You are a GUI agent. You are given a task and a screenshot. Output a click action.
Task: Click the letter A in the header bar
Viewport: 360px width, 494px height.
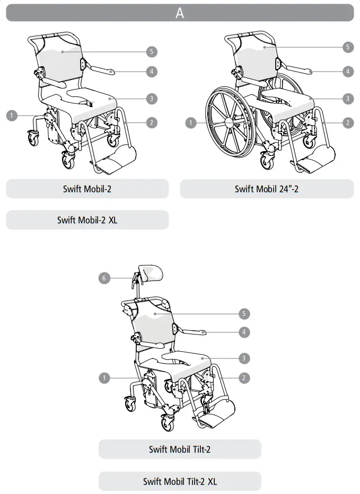tap(180, 13)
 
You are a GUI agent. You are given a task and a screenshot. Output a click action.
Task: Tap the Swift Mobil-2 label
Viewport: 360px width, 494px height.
tap(87, 189)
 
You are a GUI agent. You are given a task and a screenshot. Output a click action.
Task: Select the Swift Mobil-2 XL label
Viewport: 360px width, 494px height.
tap(87, 220)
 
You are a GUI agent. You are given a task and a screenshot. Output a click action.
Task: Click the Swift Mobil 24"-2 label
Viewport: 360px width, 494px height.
tap(266, 189)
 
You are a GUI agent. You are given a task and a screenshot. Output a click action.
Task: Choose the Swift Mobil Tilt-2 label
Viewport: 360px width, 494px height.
tap(180, 449)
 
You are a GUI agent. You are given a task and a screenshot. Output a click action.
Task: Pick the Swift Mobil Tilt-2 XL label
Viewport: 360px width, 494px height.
tap(180, 481)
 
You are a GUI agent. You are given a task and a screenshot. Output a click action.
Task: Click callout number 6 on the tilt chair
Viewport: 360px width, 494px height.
tap(105, 277)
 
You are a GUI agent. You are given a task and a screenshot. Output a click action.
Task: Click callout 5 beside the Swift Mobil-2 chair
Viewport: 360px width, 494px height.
tap(152, 51)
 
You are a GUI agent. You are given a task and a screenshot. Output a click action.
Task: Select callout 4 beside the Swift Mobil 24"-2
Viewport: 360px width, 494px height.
tap(347, 71)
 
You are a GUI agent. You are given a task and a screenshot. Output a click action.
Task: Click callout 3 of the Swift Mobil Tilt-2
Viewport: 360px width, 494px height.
tap(243, 358)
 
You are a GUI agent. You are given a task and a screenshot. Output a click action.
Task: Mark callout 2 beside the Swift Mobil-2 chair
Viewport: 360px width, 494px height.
tap(152, 122)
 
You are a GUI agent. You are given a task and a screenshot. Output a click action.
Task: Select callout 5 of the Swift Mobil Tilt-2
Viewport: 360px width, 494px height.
tap(243, 314)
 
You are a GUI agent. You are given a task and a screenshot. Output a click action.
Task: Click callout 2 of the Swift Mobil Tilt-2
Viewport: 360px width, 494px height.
tap(243, 378)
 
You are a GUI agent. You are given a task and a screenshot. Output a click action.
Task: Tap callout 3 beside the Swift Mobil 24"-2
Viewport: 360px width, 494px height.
tap(347, 98)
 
